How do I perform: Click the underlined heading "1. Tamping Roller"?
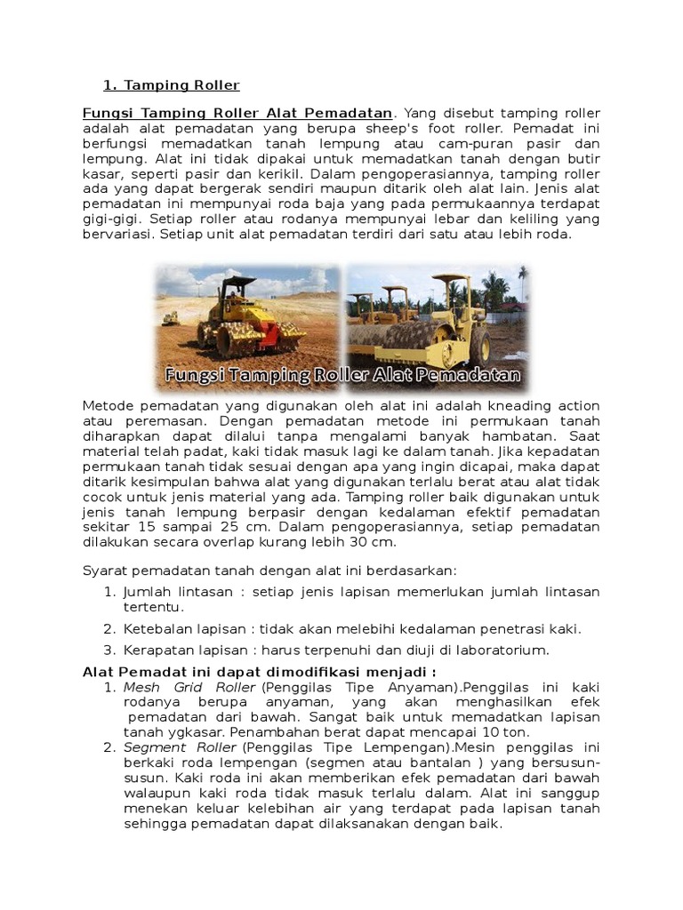(x=172, y=85)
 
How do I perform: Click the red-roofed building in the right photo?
(x=512, y=307)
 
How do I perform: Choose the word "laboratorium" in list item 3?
(x=504, y=650)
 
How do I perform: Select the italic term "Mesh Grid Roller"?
(x=189, y=687)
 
